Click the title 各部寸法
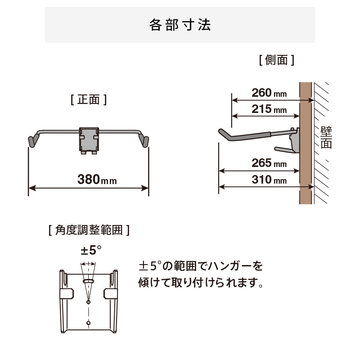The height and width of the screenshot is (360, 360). point(180,25)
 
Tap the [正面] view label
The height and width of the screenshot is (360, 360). point(89,99)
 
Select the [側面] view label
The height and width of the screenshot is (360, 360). point(276,60)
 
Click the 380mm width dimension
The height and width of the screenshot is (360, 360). point(97,180)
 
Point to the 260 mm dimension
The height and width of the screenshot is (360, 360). point(269,93)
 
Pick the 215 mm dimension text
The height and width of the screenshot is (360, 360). point(269,109)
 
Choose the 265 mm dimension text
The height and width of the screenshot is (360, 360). point(269,163)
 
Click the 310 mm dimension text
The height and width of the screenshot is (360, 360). point(269,180)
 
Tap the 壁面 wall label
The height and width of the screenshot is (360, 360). point(326,138)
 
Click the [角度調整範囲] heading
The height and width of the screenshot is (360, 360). point(89,230)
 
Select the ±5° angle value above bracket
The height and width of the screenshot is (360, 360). point(91,250)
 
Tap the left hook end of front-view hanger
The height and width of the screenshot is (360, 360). point(32,140)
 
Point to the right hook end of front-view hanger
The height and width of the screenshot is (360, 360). point(144,140)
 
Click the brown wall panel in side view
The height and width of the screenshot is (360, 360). point(306,143)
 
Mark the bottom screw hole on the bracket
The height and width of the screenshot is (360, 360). point(88,323)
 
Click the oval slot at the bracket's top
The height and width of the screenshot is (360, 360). point(88,281)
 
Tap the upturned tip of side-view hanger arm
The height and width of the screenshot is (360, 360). point(222,132)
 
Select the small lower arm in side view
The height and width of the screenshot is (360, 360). point(285,150)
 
